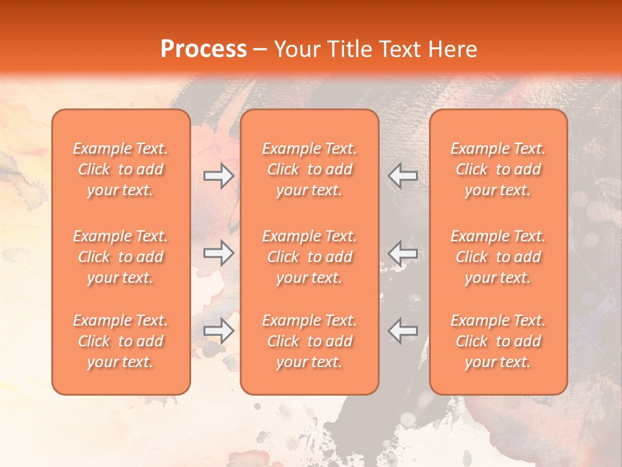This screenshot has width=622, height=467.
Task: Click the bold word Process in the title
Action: pyautogui.click(x=203, y=49)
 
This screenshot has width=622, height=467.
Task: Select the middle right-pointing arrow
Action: pyautogui.click(x=218, y=254)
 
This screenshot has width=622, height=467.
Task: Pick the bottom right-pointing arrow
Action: pyautogui.click(x=218, y=331)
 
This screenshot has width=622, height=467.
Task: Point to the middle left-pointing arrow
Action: pyautogui.click(x=403, y=254)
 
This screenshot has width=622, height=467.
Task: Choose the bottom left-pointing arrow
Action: pyautogui.click(x=403, y=331)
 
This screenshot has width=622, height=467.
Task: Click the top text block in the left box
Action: pyautogui.click(x=121, y=169)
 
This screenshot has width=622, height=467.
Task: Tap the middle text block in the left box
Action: pyautogui.click(x=121, y=257)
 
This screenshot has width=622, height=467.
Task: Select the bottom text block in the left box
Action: pyautogui.click(x=121, y=341)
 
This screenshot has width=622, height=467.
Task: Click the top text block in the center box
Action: pyautogui.click(x=310, y=169)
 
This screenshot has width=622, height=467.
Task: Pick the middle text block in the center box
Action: pyautogui.click(x=310, y=257)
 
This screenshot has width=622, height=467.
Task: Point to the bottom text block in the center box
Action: pyautogui.click(x=310, y=341)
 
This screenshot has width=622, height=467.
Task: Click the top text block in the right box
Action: pyautogui.click(x=498, y=169)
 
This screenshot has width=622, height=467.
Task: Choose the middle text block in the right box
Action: pyautogui.click(x=498, y=257)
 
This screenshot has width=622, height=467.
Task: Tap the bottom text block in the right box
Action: pyautogui.click(x=498, y=341)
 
